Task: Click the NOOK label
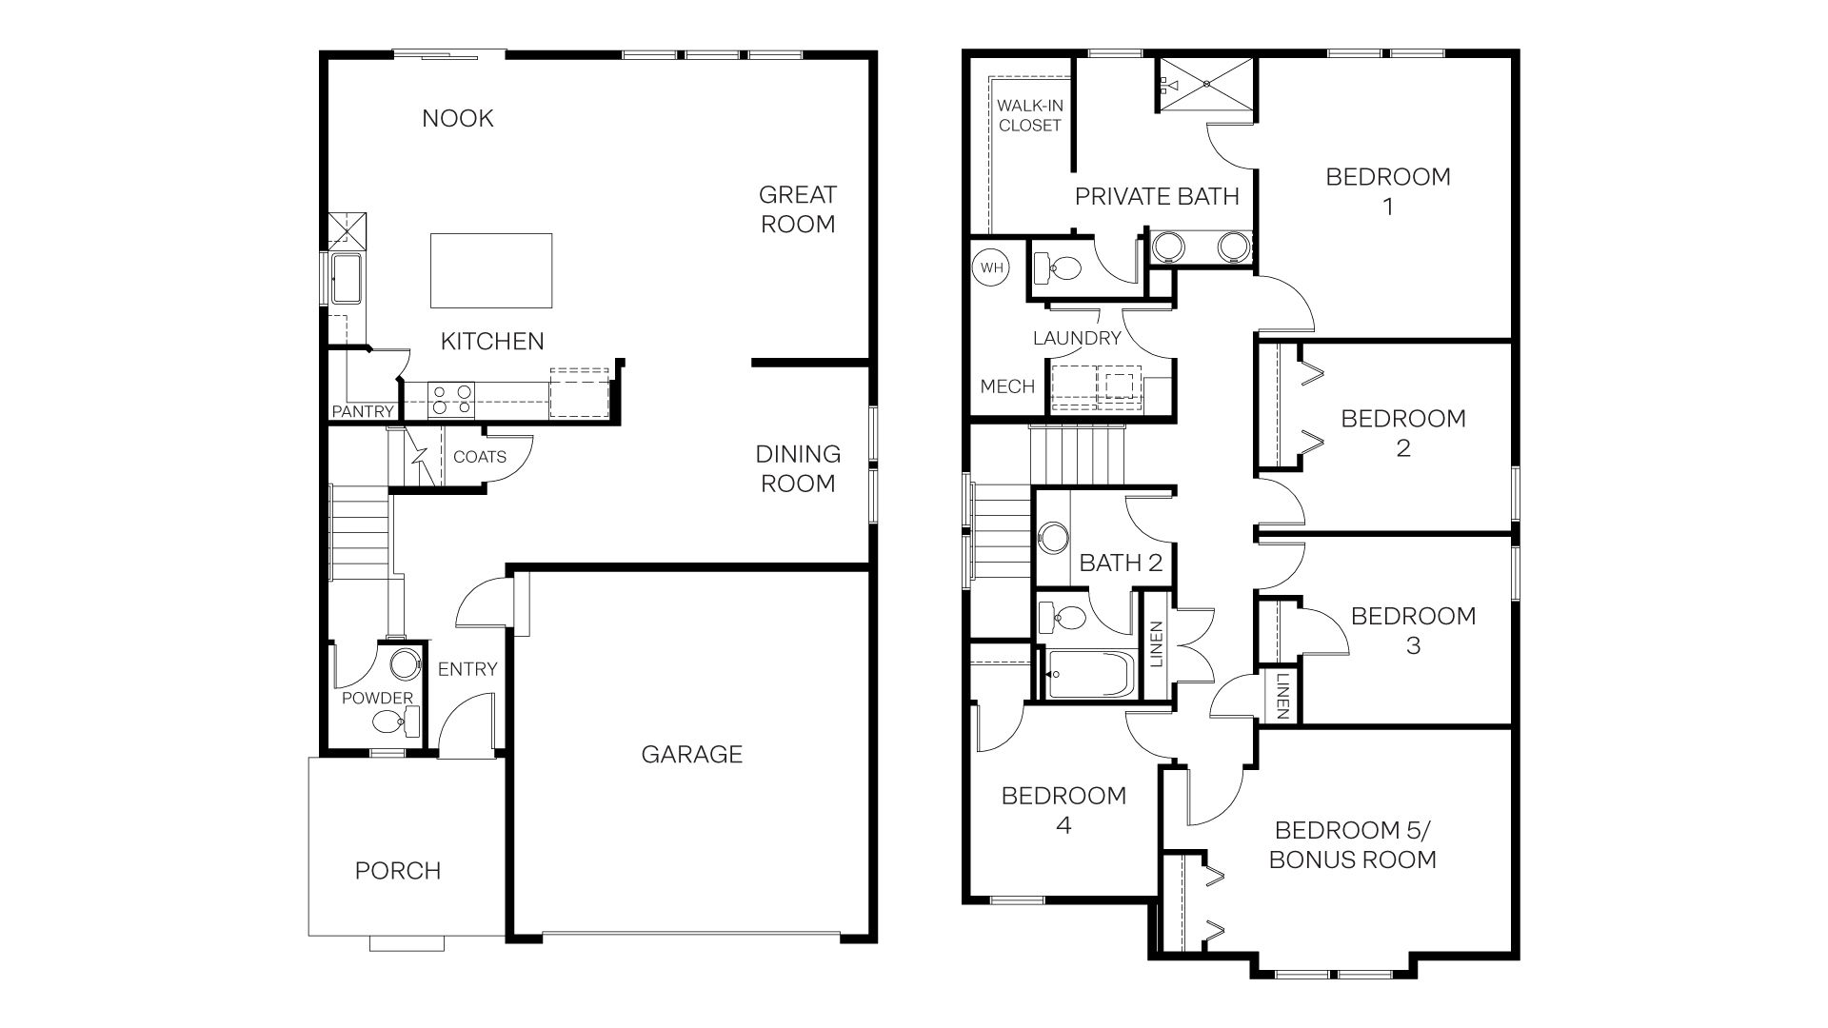click(x=458, y=118)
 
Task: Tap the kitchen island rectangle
click(x=491, y=270)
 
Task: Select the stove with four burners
click(x=451, y=399)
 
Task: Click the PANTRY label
click(x=363, y=411)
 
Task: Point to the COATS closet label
click(x=480, y=457)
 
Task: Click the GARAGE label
click(x=691, y=755)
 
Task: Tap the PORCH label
click(x=398, y=871)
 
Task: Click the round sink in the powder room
click(x=406, y=663)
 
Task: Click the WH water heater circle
click(x=992, y=267)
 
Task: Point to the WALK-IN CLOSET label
click(x=1030, y=116)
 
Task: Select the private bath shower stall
click(x=1206, y=84)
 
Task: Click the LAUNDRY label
click(x=1077, y=338)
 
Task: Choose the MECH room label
click(x=1007, y=386)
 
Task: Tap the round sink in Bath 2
click(x=1053, y=538)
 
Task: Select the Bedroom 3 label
click(x=1413, y=630)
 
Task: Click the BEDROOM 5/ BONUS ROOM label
click(x=1352, y=845)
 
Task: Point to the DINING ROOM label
click(x=798, y=468)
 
